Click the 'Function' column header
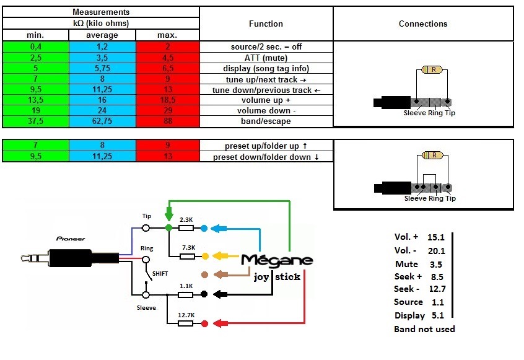266,24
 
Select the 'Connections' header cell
423,24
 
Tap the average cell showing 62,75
102,121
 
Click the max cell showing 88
168,121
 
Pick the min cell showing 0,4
36,47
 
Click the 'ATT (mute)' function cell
266,58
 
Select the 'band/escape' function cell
266,121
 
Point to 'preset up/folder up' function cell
266,146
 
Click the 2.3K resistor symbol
186,228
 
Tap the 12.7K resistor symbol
185,323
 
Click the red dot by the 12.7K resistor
205,323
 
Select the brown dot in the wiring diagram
205,274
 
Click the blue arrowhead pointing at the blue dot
215,229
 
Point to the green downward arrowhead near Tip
169,214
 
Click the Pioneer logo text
71,239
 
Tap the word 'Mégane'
277,260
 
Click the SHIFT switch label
160,274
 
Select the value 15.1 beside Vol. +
436,237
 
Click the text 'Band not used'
424,329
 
